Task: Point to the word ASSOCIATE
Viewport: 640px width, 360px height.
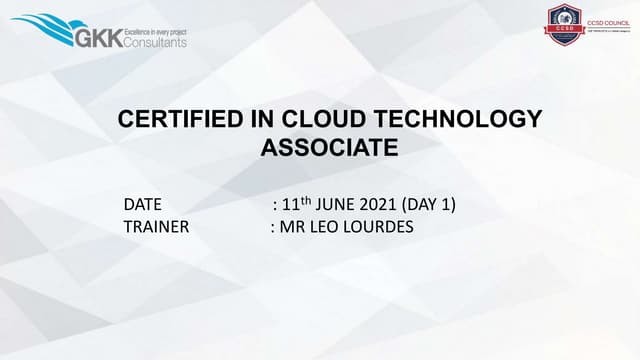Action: tap(329, 149)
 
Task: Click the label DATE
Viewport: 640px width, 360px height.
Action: tap(143, 205)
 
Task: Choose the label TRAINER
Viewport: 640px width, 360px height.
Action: tap(156, 226)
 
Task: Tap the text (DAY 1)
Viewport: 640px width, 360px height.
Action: tap(435, 205)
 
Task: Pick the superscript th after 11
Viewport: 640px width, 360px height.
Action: tap(306, 200)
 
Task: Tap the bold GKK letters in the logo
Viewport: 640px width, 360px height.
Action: tap(98, 38)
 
